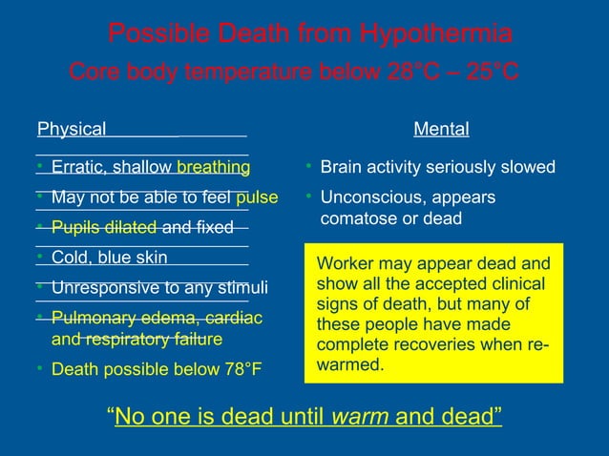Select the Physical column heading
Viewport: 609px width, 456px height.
(x=71, y=130)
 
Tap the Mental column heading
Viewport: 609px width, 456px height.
(x=440, y=130)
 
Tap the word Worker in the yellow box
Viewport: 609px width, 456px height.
(x=342, y=263)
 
